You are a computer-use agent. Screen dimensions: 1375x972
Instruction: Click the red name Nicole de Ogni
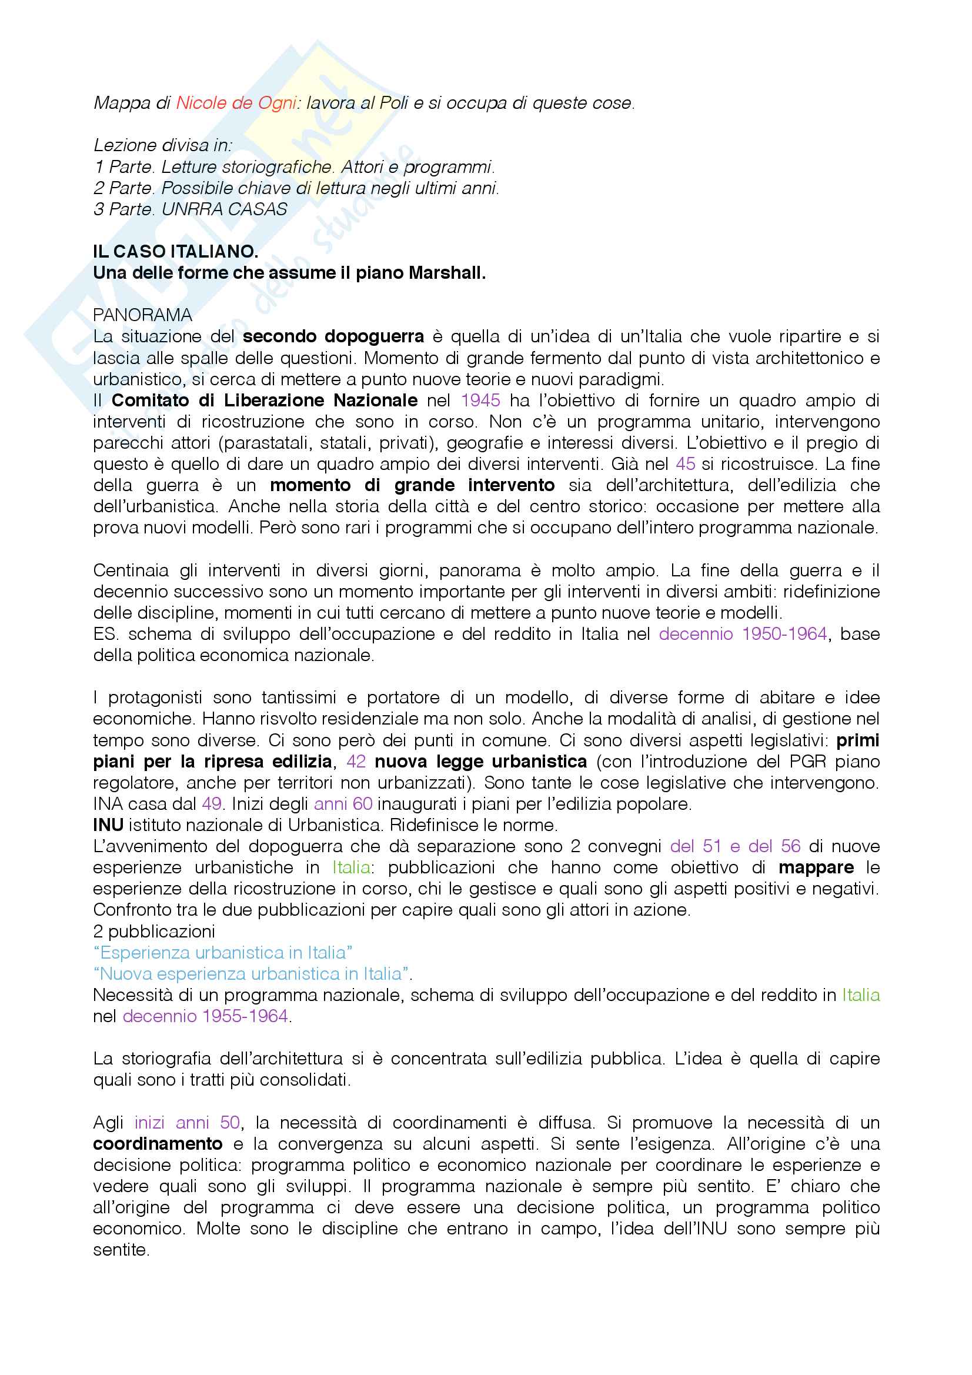(x=236, y=103)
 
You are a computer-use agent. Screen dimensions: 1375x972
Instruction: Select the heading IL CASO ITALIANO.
(x=175, y=252)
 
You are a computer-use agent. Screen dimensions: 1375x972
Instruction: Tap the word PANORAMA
(x=142, y=315)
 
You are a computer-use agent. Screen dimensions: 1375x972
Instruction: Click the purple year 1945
(x=480, y=400)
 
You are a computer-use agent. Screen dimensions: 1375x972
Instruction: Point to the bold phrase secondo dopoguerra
(x=333, y=336)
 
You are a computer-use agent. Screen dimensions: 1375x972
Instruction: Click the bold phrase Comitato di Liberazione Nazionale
(x=264, y=400)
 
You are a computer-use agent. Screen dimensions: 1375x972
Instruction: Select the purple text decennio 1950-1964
(x=743, y=633)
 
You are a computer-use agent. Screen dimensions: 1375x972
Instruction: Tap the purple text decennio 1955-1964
(x=205, y=1016)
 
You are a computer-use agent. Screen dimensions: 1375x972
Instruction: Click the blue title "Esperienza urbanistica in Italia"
(x=222, y=952)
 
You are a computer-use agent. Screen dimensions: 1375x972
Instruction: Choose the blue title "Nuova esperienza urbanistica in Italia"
(x=252, y=974)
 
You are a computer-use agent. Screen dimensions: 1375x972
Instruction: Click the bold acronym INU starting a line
(x=108, y=825)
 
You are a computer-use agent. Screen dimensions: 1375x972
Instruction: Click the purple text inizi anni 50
(x=187, y=1122)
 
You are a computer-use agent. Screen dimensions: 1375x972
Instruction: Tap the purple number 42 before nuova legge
(x=356, y=761)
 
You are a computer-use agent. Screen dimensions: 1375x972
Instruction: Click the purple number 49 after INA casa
(x=212, y=804)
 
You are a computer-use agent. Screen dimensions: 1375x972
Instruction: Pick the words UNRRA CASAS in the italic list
(x=224, y=209)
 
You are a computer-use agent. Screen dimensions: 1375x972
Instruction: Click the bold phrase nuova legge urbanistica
(x=480, y=761)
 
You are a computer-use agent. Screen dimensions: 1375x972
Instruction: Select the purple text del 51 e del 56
(x=735, y=846)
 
